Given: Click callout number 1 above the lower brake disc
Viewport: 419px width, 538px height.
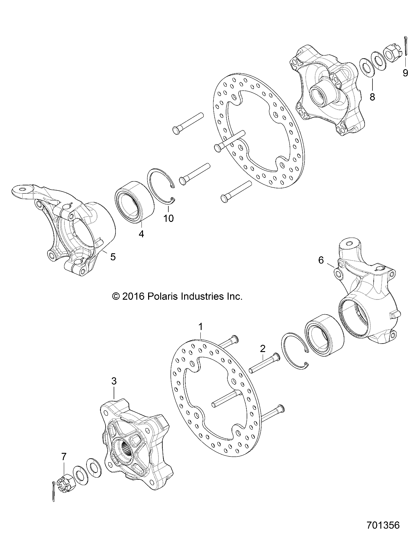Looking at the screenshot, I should (200, 327).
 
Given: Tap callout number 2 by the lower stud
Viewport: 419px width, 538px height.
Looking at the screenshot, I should (263, 349).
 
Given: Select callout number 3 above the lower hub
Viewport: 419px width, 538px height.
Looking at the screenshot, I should (114, 382).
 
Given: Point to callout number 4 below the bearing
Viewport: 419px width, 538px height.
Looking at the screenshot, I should (141, 234).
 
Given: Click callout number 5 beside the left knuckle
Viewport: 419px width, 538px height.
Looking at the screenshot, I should (113, 257).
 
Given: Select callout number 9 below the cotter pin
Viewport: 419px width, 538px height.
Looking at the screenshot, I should (405, 73).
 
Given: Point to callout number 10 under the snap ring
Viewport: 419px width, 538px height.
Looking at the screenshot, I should (169, 218).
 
